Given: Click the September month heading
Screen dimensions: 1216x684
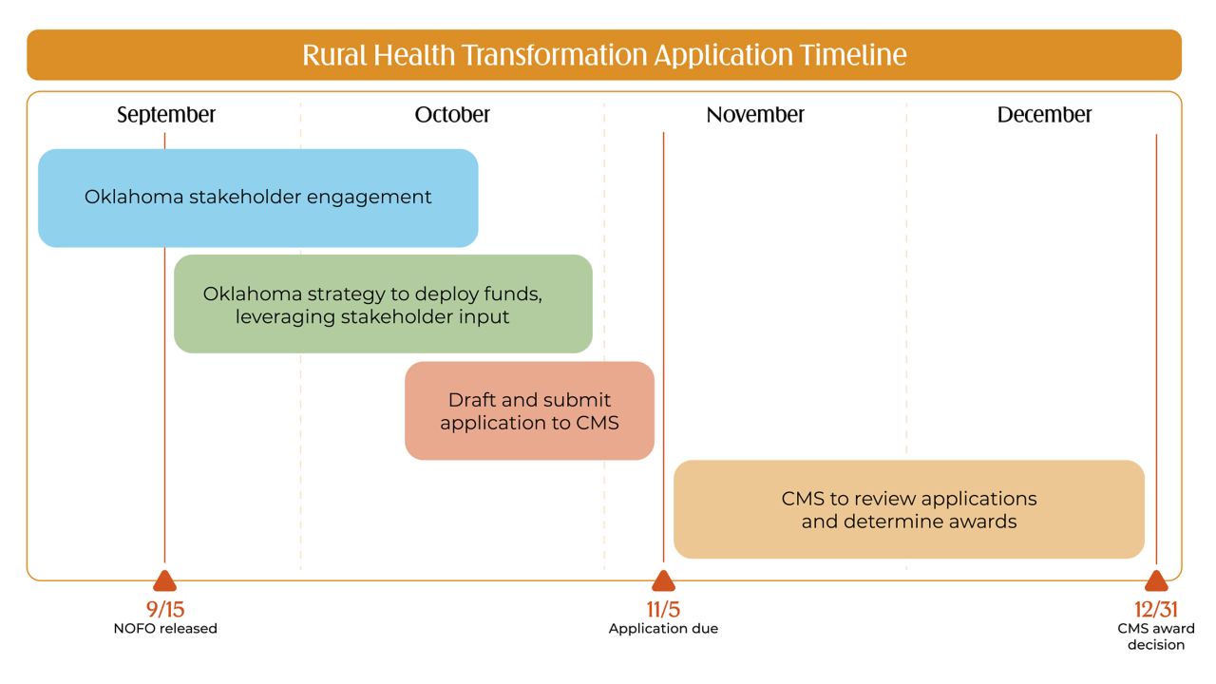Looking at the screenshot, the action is (x=166, y=115).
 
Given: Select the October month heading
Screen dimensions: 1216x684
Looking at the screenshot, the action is (x=452, y=115).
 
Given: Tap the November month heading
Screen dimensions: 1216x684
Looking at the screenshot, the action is (x=755, y=115).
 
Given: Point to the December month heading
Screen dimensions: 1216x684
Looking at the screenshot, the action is (x=1044, y=115).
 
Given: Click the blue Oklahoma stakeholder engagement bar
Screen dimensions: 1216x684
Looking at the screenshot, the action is (x=257, y=199).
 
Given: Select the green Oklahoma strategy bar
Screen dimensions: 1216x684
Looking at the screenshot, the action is (x=383, y=304).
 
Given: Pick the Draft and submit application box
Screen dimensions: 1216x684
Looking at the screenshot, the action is (x=529, y=411).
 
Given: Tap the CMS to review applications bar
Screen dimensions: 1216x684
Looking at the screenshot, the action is (x=909, y=509).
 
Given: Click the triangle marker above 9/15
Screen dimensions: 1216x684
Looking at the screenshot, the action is (x=165, y=580).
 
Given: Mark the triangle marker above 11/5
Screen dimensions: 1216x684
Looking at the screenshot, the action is (x=663, y=580).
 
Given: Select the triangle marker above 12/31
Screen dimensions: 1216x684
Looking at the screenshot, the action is (x=1156, y=580).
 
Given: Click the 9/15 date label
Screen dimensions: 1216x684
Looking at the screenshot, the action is (x=165, y=610).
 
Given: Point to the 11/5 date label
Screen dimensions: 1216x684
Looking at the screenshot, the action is (x=663, y=610).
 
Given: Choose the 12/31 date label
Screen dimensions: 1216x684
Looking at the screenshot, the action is (x=1156, y=610).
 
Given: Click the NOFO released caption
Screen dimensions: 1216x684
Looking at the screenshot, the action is (x=165, y=629).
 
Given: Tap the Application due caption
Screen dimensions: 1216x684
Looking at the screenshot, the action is (x=663, y=629).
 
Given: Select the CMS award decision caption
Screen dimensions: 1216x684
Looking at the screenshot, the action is (x=1156, y=636).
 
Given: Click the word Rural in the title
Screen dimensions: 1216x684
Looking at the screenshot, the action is (x=334, y=55).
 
